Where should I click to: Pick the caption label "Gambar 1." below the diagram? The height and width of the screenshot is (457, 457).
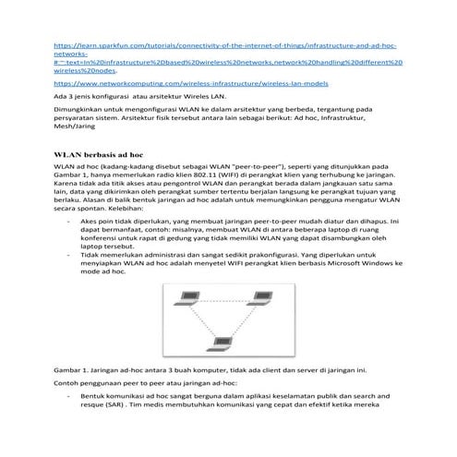point(71,368)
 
